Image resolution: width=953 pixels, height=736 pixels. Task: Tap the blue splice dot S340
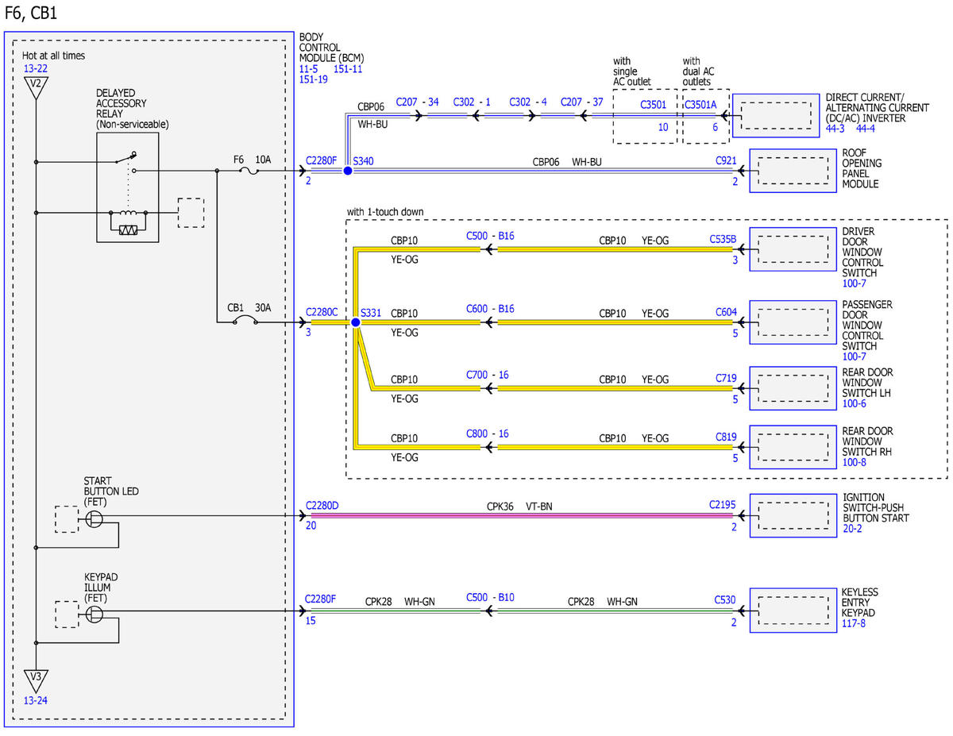pos(347,171)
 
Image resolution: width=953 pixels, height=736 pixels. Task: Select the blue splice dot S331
pos(356,322)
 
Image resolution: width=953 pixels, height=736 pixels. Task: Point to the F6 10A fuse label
pos(252,160)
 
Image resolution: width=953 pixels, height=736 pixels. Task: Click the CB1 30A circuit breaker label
pos(249,308)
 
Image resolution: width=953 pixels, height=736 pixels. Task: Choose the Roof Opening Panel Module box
pos(793,171)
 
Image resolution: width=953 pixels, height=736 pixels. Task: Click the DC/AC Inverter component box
pos(775,116)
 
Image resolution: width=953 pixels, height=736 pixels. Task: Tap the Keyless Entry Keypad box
pos(793,611)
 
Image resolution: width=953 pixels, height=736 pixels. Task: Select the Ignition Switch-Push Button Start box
pos(793,515)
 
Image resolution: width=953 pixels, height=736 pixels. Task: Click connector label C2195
pos(722,504)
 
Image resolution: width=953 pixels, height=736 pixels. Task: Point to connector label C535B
pos(723,239)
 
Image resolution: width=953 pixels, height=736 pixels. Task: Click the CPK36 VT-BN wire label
pos(519,507)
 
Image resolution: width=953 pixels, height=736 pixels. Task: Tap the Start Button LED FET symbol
pos(94,519)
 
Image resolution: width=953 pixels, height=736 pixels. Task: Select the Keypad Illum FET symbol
pos(94,615)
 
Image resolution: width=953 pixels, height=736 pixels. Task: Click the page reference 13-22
pos(36,68)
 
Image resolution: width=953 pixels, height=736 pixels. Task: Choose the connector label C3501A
pos(700,105)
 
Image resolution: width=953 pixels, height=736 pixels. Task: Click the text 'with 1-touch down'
pos(385,212)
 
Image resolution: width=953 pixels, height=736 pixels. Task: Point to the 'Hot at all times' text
pos(53,56)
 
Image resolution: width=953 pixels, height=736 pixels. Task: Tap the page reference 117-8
pos(854,623)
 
